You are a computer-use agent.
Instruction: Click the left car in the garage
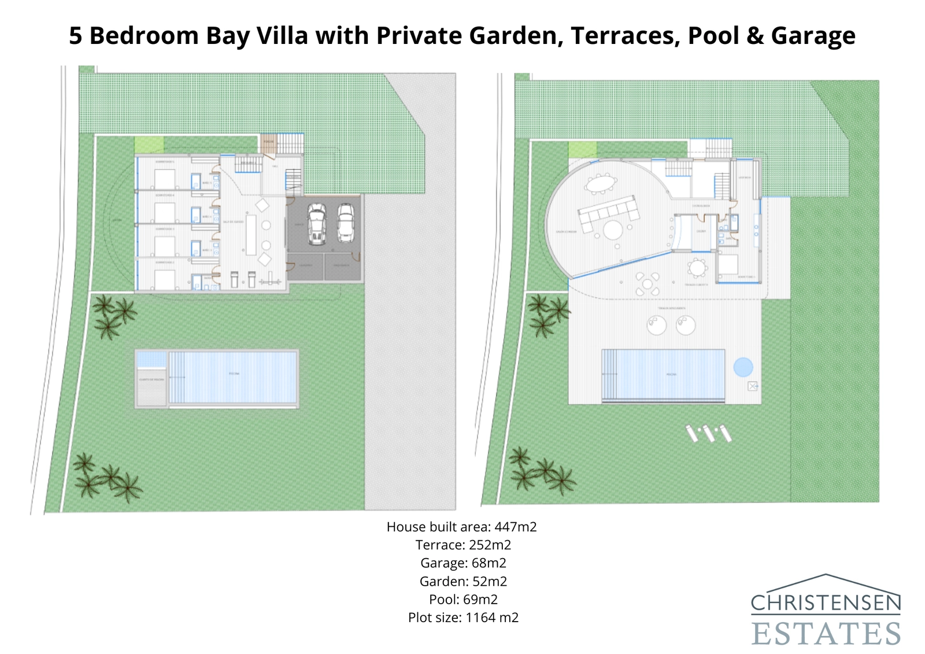tap(316, 223)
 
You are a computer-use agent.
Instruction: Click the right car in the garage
tap(346, 223)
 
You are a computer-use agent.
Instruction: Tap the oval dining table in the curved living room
tap(601, 184)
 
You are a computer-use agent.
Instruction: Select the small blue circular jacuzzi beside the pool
tap(743, 367)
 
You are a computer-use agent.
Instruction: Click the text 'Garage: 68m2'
tap(462, 563)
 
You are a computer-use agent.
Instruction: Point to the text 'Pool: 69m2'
tap(462, 599)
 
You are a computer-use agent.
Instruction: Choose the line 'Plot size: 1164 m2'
tap(462, 618)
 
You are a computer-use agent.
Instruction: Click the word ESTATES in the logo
tap(826, 634)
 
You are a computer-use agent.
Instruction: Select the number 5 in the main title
tap(75, 36)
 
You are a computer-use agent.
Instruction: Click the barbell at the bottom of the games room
tap(271, 282)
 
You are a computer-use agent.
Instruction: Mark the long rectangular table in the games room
tap(251, 235)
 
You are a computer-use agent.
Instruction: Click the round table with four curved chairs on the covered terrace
tap(647, 284)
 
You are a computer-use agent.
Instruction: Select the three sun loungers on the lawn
tap(709, 433)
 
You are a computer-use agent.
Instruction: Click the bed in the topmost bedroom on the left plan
tap(165, 179)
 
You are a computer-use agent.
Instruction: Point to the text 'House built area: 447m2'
tap(461, 527)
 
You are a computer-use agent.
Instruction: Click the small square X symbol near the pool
tap(752, 386)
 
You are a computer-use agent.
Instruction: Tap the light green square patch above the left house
tap(149, 145)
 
